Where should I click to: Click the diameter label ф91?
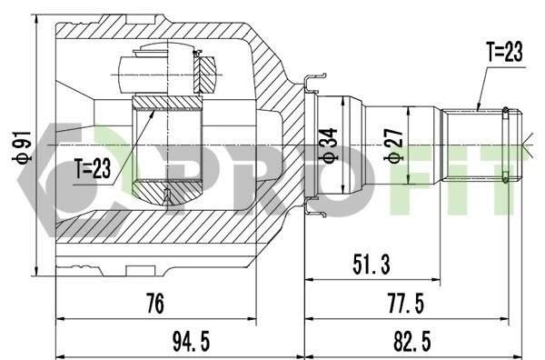click(22, 147)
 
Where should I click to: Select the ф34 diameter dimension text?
click(330, 145)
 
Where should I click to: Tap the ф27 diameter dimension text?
click(393, 145)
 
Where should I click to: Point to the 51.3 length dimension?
click(372, 265)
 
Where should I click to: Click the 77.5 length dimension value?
click(406, 304)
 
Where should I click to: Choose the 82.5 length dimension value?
click(411, 341)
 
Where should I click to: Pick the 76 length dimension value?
click(154, 304)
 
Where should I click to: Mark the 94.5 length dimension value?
click(192, 341)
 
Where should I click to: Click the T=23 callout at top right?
click(505, 52)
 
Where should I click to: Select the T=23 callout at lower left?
click(93, 168)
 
